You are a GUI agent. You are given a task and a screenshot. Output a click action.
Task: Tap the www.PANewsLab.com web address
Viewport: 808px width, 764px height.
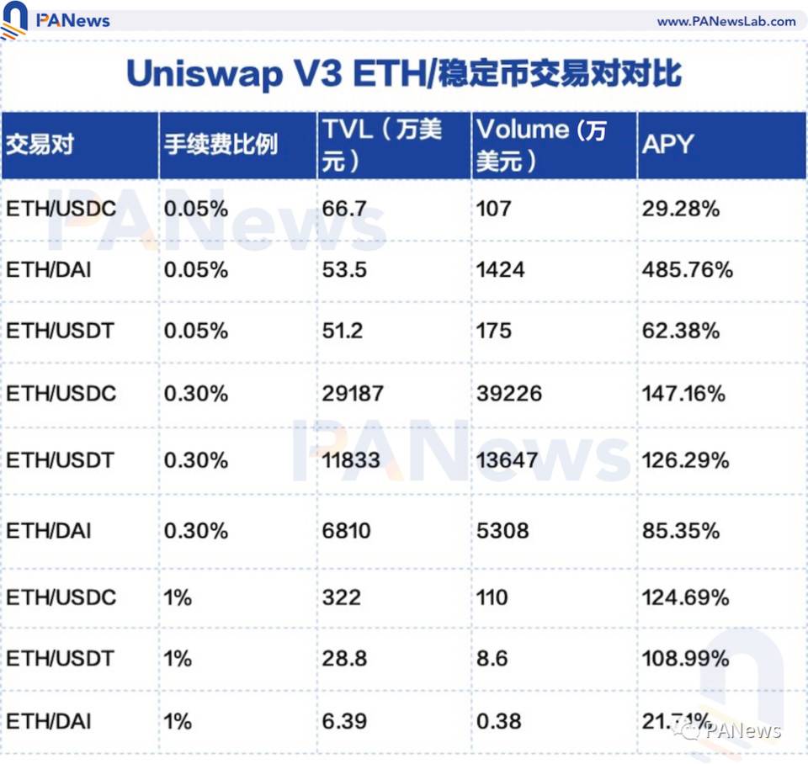pyautogui.click(x=726, y=21)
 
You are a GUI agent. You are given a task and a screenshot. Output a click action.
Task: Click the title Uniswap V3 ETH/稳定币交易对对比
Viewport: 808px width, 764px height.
pyautogui.click(x=403, y=74)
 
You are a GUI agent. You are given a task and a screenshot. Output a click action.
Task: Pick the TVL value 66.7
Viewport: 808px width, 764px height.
pyautogui.click(x=343, y=208)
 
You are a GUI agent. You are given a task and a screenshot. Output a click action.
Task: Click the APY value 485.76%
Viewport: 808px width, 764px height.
pyautogui.click(x=688, y=269)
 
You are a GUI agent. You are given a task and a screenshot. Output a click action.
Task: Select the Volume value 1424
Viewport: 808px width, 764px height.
pyautogui.click(x=500, y=269)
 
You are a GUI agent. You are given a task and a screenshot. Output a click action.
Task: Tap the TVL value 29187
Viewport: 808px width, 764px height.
pyautogui.click(x=353, y=393)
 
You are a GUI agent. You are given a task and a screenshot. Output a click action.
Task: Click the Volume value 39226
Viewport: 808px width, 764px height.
pyautogui.click(x=509, y=393)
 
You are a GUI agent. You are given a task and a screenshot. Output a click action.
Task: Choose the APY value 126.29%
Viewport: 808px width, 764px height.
pyautogui.click(x=683, y=460)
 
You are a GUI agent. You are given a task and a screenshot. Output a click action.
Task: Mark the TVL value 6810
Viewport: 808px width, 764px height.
pyautogui.click(x=347, y=531)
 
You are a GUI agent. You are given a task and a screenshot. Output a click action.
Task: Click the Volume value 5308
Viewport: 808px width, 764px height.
pyautogui.click(x=502, y=531)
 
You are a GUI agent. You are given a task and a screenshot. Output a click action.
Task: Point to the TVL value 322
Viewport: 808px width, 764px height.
pyautogui.click(x=341, y=597)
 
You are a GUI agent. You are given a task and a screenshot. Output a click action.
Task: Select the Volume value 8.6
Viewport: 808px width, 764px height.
pyautogui.click(x=492, y=658)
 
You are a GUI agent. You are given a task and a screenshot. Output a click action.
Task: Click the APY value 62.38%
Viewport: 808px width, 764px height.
pyautogui.click(x=681, y=331)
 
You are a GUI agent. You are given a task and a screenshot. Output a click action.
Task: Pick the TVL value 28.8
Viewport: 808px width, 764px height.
pyautogui.click(x=344, y=658)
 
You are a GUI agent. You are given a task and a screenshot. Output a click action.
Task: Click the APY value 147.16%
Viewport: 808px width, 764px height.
pyautogui.click(x=683, y=393)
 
